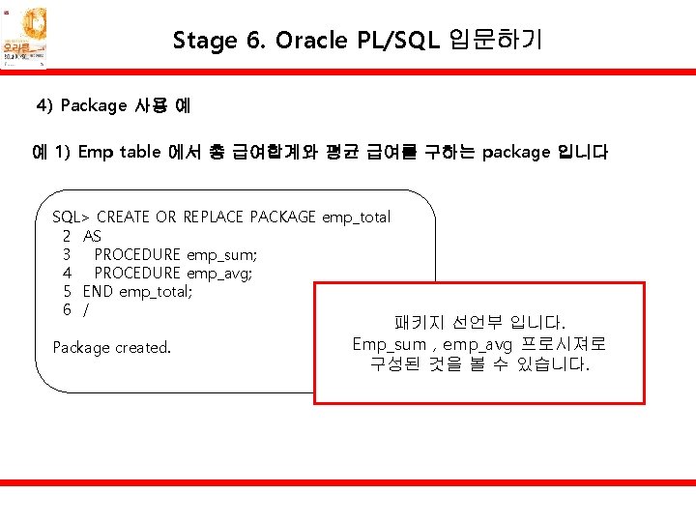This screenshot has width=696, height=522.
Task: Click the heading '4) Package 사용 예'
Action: [113, 105]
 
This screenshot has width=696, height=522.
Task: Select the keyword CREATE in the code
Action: [125, 217]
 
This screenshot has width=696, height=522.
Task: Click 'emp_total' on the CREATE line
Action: [356, 217]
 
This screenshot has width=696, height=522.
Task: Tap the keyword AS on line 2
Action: [92, 236]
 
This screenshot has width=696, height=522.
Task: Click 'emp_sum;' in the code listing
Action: [221, 254]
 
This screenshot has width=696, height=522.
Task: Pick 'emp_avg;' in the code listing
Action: [220, 273]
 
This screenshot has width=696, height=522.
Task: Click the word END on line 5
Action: [99, 291]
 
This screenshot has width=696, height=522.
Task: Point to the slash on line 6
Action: [86, 309]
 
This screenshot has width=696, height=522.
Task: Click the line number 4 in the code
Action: [67, 273]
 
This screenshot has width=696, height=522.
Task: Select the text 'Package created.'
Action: [111, 347]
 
